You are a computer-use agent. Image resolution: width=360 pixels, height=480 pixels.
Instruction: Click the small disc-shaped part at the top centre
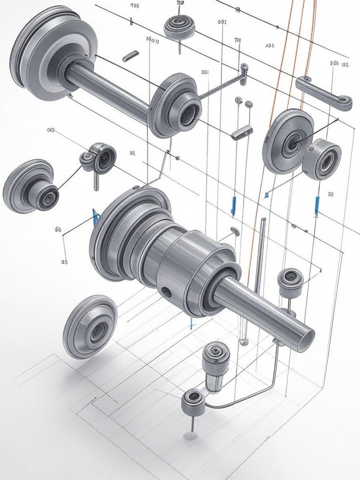178,26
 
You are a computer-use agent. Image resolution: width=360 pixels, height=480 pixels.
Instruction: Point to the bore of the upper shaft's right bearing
189,114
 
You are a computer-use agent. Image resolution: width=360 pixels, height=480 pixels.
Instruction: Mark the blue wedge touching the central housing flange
95,216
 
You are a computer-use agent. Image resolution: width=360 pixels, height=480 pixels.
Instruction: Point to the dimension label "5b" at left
57,229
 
